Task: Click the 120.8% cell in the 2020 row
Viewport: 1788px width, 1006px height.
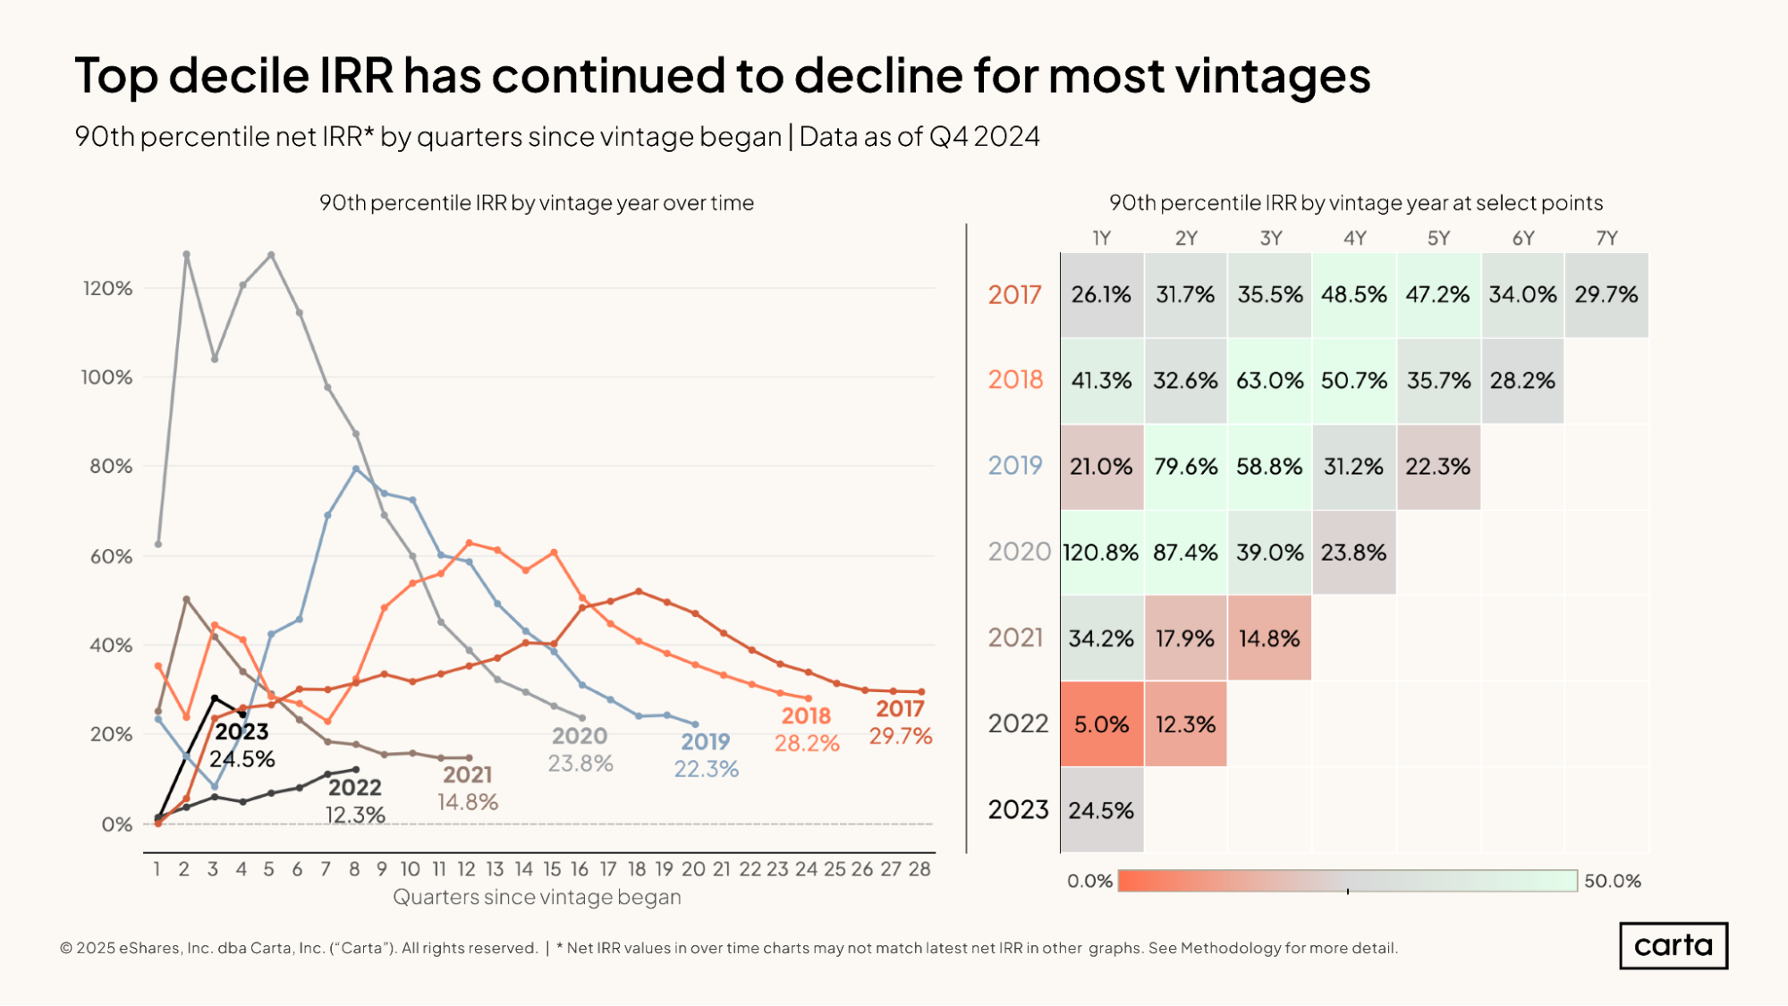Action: pyautogui.click(x=1101, y=553)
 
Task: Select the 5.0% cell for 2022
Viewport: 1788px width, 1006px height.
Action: pyautogui.click(x=1101, y=724)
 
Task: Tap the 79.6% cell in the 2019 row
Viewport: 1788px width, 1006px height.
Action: pyautogui.click(x=1185, y=467)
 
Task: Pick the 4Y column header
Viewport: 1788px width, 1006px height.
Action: pyautogui.click(x=1354, y=239)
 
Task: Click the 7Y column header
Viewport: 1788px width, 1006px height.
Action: pyautogui.click(x=1606, y=239)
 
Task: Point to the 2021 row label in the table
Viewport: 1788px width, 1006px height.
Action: pyautogui.click(x=1015, y=638)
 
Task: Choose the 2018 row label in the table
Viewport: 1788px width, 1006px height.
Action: pyautogui.click(x=1015, y=380)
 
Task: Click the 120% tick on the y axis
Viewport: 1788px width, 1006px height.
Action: pyautogui.click(x=107, y=289)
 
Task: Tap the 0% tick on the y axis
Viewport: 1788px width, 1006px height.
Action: pyautogui.click(x=116, y=824)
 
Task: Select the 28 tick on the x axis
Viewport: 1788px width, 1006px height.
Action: pyautogui.click(x=919, y=869)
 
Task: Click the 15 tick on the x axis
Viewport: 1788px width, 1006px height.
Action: pyautogui.click(x=552, y=869)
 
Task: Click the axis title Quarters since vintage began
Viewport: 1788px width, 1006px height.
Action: pyautogui.click(x=537, y=897)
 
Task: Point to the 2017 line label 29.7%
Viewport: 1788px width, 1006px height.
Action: pyautogui.click(x=901, y=736)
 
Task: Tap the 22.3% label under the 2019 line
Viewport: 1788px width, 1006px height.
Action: pyautogui.click(x=706, y=769)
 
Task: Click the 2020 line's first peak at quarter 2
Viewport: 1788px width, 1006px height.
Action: pyautogui.click(x=186, y=254)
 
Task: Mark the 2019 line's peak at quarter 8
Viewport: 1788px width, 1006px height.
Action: pyautogui.click(x=356, y=469)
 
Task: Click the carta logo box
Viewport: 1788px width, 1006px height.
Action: pyautogui.click(x=1673, y=945)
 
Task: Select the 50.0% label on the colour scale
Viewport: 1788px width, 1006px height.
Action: pyautogui.click(x=1613, y=881)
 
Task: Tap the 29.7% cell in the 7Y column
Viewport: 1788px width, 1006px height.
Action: pyautogui.click(x=1606, y=295)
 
